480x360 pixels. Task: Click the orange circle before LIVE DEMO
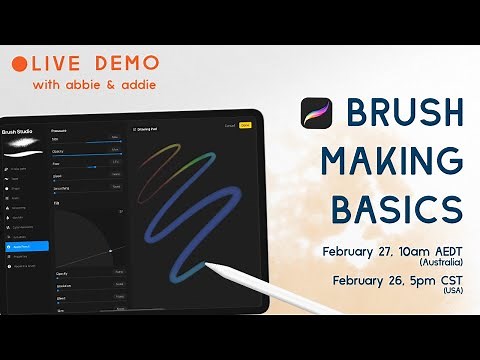[x=20, y=62]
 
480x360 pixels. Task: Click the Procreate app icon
[x=316, y=118]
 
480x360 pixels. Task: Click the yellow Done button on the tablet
[x=245, y=126]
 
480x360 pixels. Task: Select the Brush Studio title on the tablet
[x=19, y=131]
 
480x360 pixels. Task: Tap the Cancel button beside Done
[x=229, y=126]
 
